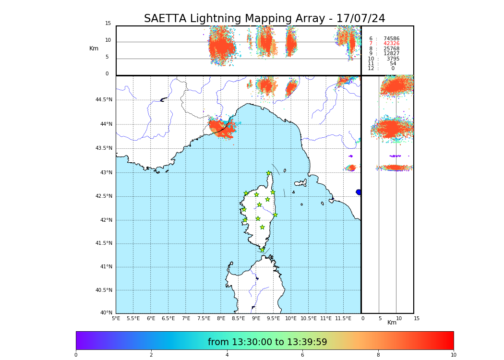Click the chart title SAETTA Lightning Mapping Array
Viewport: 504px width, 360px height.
point(264,19)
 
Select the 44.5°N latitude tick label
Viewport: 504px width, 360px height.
point(104,100)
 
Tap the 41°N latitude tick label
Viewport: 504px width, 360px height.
point(106,267)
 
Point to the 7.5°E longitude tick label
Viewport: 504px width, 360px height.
point(204,319)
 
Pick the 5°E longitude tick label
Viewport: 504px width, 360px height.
point(116,319)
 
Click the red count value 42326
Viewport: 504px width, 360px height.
point(391,44)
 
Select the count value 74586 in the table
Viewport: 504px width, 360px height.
point(391,38)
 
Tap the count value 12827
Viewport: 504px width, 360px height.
point(391,54)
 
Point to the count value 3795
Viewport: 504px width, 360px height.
point(393,59)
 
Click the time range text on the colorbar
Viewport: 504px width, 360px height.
point(267,342)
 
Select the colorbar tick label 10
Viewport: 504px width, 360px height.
point(453,355)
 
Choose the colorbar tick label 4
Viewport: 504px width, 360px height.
point(227,355)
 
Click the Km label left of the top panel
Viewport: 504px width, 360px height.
point(94,48)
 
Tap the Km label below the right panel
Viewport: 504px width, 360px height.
point(392,323)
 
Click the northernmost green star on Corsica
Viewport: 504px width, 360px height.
point(269,173)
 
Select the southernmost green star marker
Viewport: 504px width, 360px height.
point(263,250)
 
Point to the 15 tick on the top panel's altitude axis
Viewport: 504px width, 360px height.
point(108,24)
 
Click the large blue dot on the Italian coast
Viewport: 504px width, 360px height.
point(359,192)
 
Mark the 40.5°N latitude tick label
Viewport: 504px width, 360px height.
point(104,290)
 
